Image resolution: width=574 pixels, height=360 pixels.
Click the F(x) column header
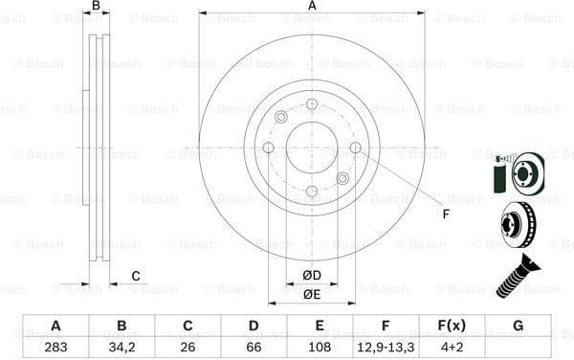click(452, 326)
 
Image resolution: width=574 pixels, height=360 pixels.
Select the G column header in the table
click(518, 326)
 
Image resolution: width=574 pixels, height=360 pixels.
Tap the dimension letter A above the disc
click(312, 7)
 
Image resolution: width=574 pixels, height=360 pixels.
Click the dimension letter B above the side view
click(96, 7)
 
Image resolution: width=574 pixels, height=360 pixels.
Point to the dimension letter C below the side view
click(136, 277)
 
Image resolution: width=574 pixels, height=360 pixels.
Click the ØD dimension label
click(312, 276)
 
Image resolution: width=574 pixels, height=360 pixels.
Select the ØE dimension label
click(312, 295)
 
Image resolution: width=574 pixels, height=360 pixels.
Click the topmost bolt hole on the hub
click(312, 103)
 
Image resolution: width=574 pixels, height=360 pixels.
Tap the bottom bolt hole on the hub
click(312, 191)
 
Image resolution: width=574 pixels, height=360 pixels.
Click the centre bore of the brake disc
click(312, 147)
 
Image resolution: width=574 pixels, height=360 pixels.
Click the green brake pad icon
click(497, 178)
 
